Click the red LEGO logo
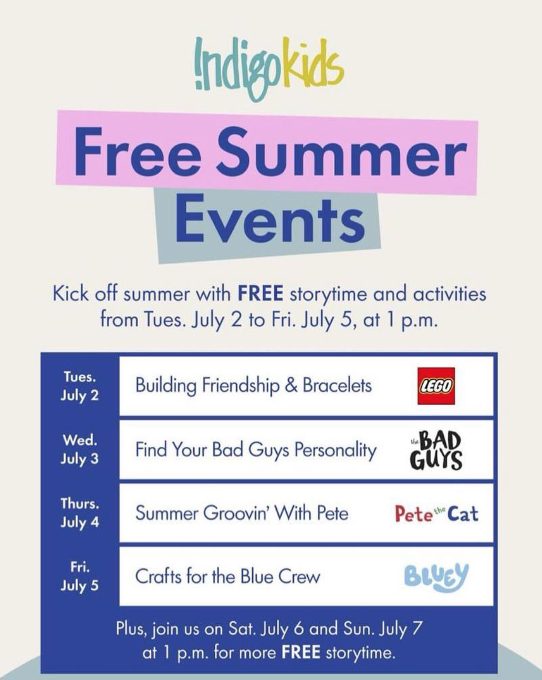[x=436, y=386]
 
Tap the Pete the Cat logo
[x=436, y=513]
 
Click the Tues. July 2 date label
[x=80, y=386]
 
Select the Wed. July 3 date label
[x=80, y=449]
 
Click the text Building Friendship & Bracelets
[x=254, y=386]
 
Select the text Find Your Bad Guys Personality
[x=256, y=450]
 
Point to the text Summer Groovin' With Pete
[x=242, y=513]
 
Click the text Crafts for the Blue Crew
[x=228, y=577]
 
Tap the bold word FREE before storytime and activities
[x=260, y=294]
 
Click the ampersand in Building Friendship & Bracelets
[x=291, y=386]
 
